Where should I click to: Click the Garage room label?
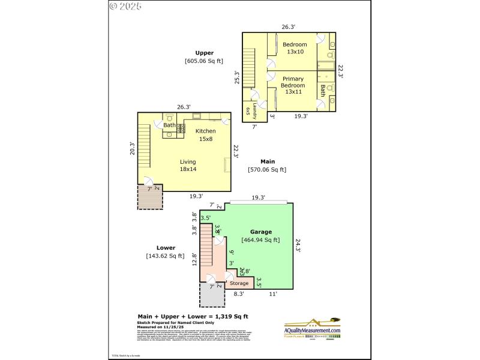(x=261, y=232)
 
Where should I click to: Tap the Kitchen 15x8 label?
(x=205, y=135)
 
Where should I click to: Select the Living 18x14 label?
(x=188, y=165)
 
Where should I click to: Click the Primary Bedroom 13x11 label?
(x=293, y=85)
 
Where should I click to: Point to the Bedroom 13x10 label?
(x=295, y=48)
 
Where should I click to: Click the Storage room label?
(x=239, y=283)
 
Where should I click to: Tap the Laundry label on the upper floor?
(x=255, y=111)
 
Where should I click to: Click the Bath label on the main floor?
(x=169, y=125)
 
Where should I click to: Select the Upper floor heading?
(x=204, y=53)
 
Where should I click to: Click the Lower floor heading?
(x=166, y=248)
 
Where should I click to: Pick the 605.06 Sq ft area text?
(x=203, y=61)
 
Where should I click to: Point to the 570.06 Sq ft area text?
(x=267, y=170)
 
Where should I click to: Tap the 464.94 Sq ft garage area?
(x=260, y=240)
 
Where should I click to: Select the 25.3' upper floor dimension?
(x=237, y=78)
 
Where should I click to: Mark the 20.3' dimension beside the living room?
(x=132, y=148)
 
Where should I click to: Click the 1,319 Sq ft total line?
(x=193, y=316)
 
